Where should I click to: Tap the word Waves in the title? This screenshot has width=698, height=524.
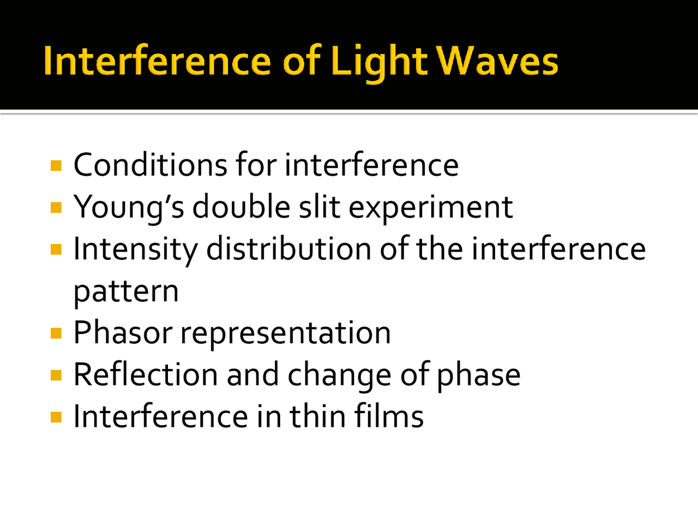(x=497, y=61)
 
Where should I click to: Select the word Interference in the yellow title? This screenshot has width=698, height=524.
(x=157, y=61)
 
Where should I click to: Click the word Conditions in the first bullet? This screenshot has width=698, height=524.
(x=151, y=165)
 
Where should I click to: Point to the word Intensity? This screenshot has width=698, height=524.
(x=135, y=249)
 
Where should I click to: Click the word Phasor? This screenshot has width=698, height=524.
(x=123, y=333)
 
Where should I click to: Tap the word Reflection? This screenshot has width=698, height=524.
(x=145, y=375)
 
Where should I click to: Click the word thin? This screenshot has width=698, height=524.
(x=317, y=416)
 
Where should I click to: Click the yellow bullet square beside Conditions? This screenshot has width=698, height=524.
(x=56, y=165)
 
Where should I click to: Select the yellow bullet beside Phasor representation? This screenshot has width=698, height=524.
(x=56, y=333)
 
